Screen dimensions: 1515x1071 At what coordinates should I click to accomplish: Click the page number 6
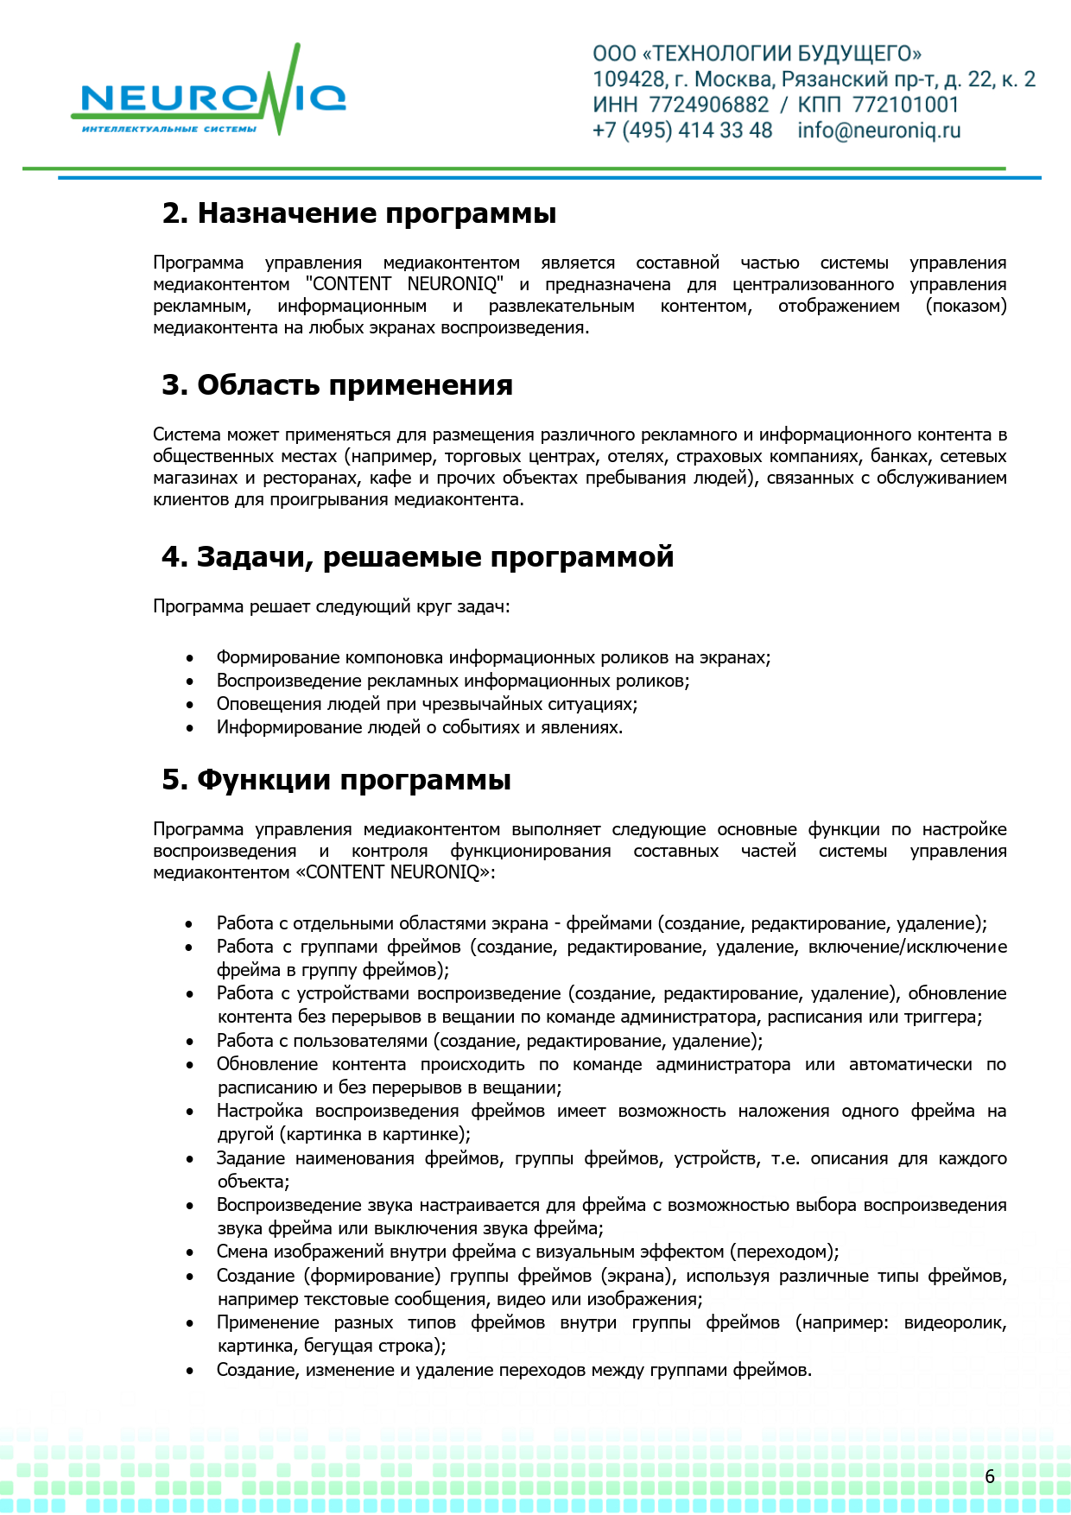pyautogui.click(x=990, y=1476)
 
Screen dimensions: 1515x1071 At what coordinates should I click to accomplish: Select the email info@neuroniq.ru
pyautogui.click(x=878, y=130)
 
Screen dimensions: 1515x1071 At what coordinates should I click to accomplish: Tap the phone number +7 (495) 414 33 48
pyautogui.click(x=682, y=130)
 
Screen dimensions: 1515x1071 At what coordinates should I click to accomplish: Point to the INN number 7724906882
pyautogui.click(x=708, y=105)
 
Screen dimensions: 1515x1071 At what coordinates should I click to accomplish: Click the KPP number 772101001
pyautogui.click(x=905, y=105)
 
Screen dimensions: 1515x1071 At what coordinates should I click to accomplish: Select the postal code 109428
pyautogui.click(x=628, y=79)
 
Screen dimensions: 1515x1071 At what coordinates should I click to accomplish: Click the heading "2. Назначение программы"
pyautogui.click(x=359, y=213)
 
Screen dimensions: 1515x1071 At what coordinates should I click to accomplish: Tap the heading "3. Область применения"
pyautogui.click(x=338, y=385)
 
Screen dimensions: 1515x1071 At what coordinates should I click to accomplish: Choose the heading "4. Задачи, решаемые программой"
pyautogui.click(x=418, y=557)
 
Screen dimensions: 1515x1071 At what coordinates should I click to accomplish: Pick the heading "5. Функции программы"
pyautogui.click(x=337, y=780)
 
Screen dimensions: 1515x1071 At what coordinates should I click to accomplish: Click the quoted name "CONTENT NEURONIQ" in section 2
pyautogui.click(x=404, y=284)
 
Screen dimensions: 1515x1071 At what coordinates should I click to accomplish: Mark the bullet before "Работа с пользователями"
pyautogui.click(x=190, y=1042)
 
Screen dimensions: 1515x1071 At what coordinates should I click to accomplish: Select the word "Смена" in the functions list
pyautogui.click(x=242, y=1252)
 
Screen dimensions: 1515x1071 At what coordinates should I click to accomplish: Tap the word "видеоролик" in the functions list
pyautogui.click(x=954, y=1322)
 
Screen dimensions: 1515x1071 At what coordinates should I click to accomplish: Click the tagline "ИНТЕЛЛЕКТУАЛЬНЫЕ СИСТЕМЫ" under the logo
pyautogui.click(x=169, y=130)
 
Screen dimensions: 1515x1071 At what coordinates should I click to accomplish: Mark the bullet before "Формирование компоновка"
pyautogui.click(x=190, y=658)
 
